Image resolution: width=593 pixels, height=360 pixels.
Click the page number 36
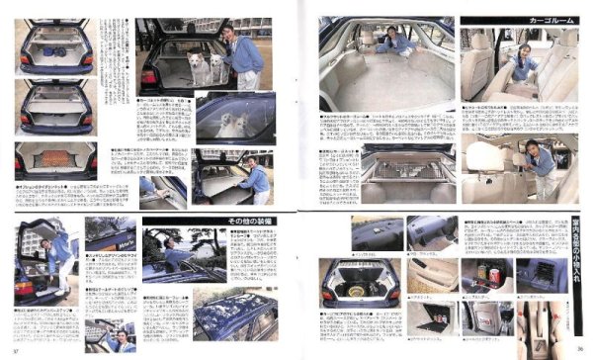click(576, 348)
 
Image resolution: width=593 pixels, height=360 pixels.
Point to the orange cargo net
click(55, 156)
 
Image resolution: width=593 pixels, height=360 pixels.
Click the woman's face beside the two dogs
click(229, 35)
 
